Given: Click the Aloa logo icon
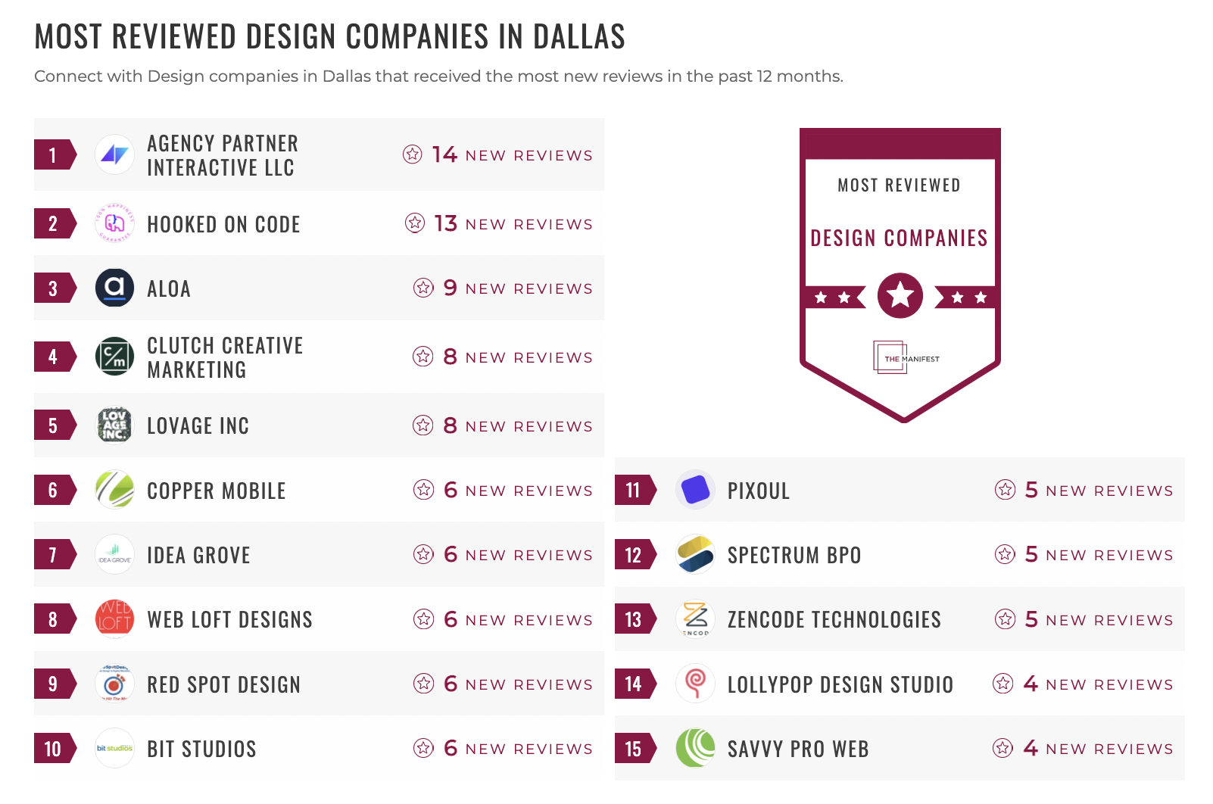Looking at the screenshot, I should click(114, 288).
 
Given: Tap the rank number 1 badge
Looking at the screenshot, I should click(53, 155).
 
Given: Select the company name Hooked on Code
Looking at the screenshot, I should click(223, 225).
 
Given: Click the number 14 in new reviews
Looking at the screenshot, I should click(444, 155).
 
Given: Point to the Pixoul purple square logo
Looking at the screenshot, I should click(695, 490).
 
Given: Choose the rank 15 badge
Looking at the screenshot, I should click(634, 749).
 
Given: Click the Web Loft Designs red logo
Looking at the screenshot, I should click(114, 619).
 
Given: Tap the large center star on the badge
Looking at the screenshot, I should click(900, 295).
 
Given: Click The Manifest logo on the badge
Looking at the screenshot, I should click(905, 358).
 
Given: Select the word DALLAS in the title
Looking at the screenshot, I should click(578, 37).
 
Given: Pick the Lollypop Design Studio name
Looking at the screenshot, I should click(840, 684).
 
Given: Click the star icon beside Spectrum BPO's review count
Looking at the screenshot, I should click(1005, 555).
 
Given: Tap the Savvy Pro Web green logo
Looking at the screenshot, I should click(695, 749).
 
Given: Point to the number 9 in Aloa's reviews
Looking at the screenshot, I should click(450, 288).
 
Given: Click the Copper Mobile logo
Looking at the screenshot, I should click(114, 490).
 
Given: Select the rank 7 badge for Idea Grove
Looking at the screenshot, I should click(53, 555).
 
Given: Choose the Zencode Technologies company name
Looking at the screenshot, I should click(834, 620).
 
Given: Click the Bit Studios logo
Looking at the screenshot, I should click(114, 749).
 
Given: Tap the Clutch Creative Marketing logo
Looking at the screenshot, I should click(114, 357).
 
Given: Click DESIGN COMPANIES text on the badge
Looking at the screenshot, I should click(899, 238).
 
